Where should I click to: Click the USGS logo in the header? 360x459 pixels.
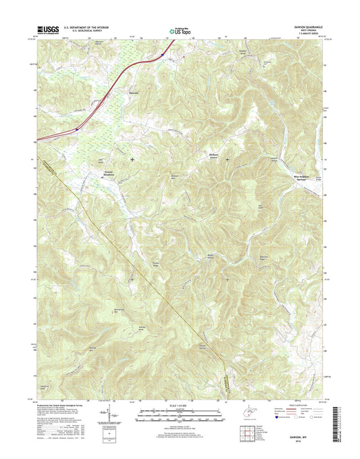click(x=50, y=29)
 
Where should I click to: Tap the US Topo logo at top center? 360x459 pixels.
click(x=174, y=30)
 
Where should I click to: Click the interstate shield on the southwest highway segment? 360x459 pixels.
click(x=78, y=125)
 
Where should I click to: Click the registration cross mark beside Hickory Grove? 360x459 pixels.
click(x=227, y=159)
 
